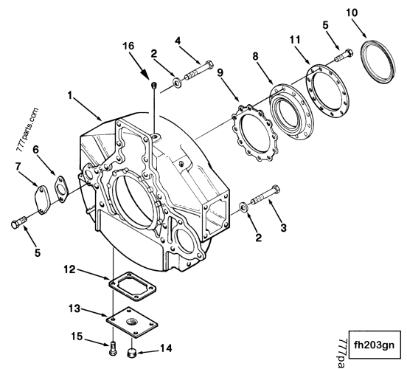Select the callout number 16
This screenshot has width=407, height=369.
pos(129,46)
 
